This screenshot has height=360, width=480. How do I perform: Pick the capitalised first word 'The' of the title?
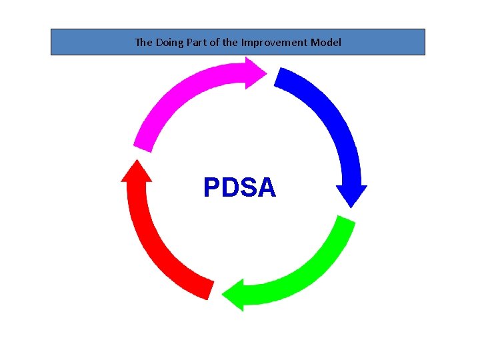pos(143,42)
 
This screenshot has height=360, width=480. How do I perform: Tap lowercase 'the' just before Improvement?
pos(230,42)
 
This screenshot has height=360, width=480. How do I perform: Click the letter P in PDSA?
pos(212,188)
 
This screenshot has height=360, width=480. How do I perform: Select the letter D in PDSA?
pos(231,188)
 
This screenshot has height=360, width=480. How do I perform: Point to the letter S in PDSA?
pos(249,188)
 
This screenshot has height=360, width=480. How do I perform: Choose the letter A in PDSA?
pos(267,188)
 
